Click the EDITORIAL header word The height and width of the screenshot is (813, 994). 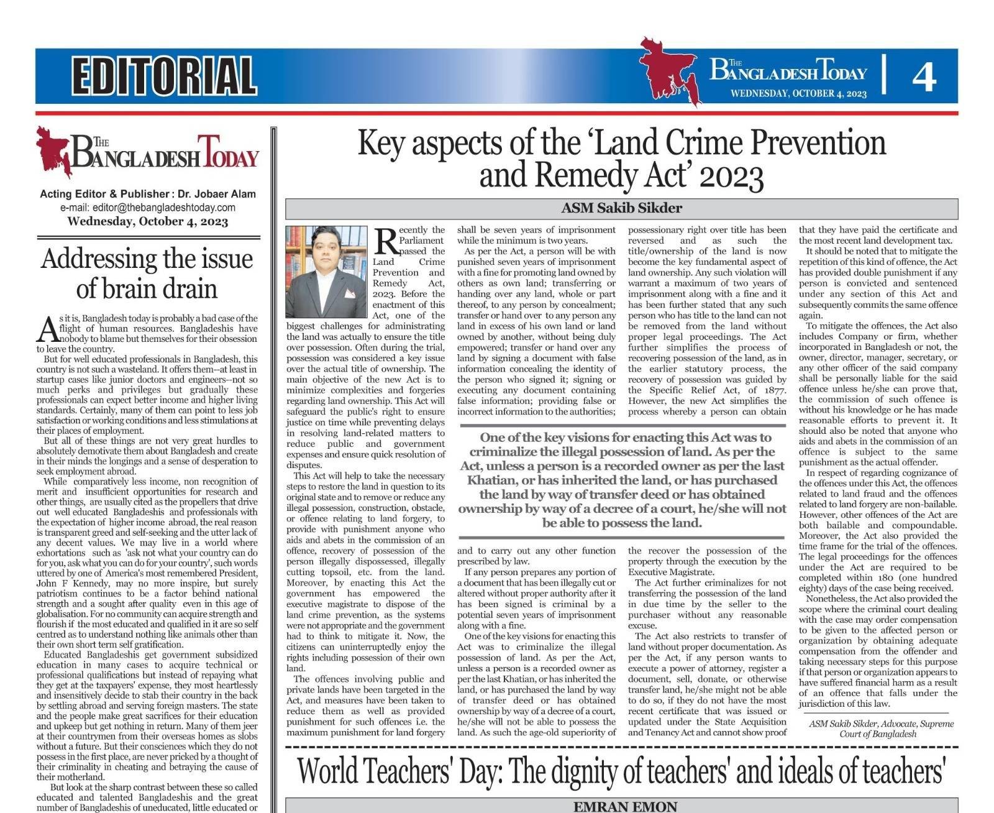(x=163, y=75)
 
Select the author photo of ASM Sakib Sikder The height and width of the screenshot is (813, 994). (x=326, y=272)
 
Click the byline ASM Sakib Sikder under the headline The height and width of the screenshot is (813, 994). (x=621, y=208)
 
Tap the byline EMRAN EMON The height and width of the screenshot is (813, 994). (x=624, y=806)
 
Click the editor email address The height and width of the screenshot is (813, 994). (x=147, y=208)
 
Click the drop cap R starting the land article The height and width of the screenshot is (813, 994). (x=386, y=241)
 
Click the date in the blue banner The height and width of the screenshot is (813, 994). (x=798, y=94)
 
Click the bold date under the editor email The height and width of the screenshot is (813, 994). (x=147, y=221)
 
